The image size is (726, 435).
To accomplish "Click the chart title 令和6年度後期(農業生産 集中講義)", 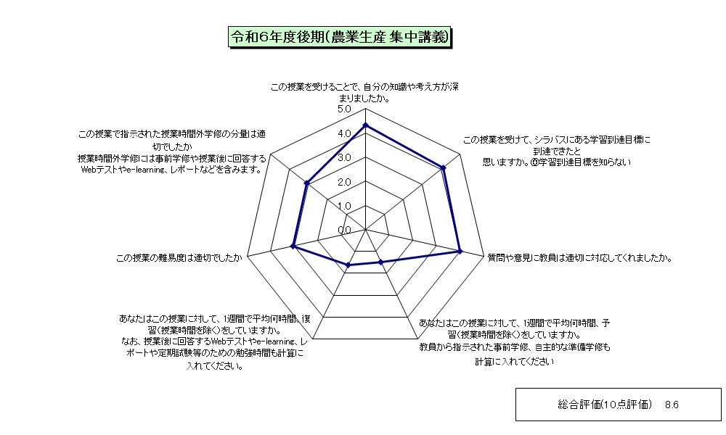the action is click(340, 37).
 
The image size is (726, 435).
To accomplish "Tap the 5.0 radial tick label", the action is click(344, 109).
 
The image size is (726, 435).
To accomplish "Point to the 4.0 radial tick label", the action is click(344, 133).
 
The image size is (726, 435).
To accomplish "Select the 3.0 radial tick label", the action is click(344, 157).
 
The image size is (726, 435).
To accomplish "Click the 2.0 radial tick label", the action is click(344, 182).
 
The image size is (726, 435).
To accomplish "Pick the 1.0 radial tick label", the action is click(344, 206).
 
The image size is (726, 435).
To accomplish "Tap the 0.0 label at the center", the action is click(344, 231).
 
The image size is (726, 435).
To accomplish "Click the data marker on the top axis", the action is click(365, 125).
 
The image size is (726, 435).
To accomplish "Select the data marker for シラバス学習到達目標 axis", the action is click(443, 167).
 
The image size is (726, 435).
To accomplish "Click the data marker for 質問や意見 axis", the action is click(460, 251).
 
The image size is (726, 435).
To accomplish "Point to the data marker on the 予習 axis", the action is click(380, 262).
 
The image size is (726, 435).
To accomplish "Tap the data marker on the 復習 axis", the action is click(348, 265).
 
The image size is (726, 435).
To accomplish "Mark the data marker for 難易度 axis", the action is click(293, 246).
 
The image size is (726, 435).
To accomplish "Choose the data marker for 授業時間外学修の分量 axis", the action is click(306, 183).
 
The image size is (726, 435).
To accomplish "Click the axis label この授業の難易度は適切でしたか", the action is click(179, 258).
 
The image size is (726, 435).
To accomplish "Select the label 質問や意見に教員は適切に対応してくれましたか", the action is click(579, 258).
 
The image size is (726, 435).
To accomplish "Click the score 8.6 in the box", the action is click(672, 405).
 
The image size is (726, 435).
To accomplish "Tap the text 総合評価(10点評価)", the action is click(605, 405).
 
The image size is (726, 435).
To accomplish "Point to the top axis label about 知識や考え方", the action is click(365, 93).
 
